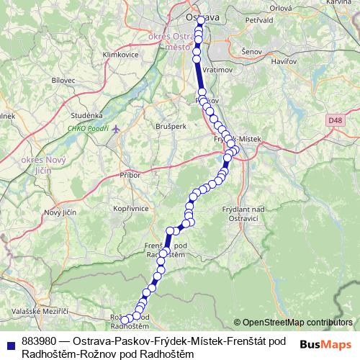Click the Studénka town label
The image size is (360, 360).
coord(86,114)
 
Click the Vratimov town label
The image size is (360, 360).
coord(218,70)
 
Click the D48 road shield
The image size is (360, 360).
coord(333,121)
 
